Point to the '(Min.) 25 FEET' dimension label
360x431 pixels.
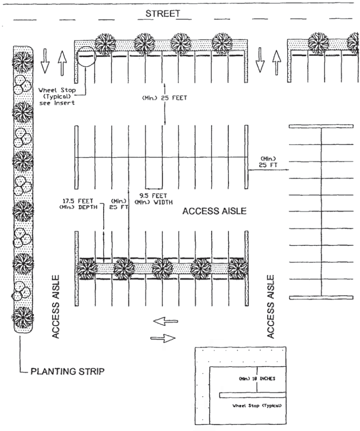pyautogui.click(x=165, y=98)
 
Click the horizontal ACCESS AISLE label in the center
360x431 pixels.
pyautogui.click(x=215, y=212)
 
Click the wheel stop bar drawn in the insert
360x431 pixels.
pyautogui.click(x=252, y=395)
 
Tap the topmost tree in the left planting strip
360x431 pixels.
pyautogui.click(x=22, y=61)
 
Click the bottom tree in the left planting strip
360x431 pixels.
pyautogui.click(x=22, y=317)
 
